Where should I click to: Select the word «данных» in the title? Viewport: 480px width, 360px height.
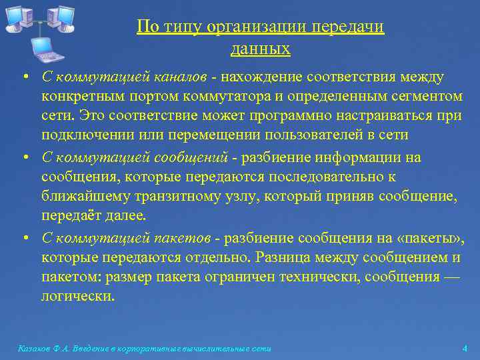pos(261,48)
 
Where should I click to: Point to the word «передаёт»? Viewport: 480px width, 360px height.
pos(70,215)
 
